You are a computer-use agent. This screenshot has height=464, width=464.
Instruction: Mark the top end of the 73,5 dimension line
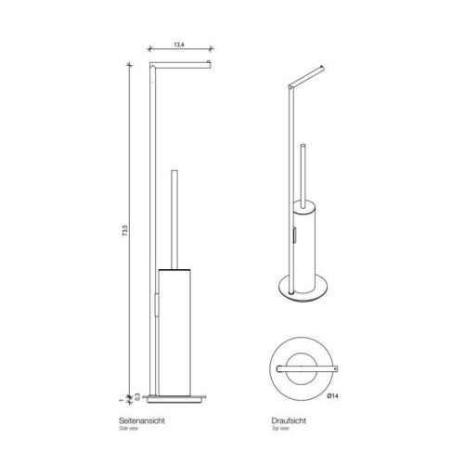[x=129, y=63]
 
